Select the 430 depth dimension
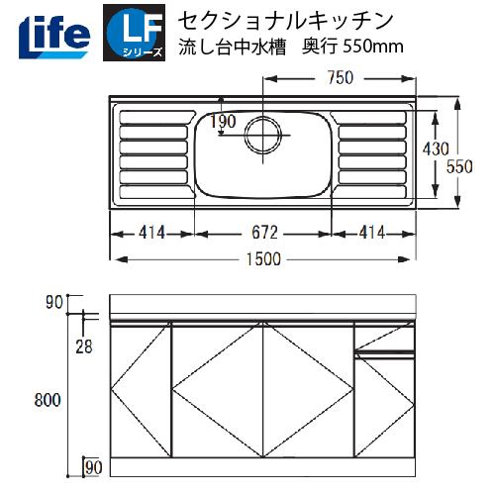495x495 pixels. (437, 148)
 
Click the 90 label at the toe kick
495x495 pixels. (94, 466)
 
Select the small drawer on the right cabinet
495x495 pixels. (384, 344)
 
